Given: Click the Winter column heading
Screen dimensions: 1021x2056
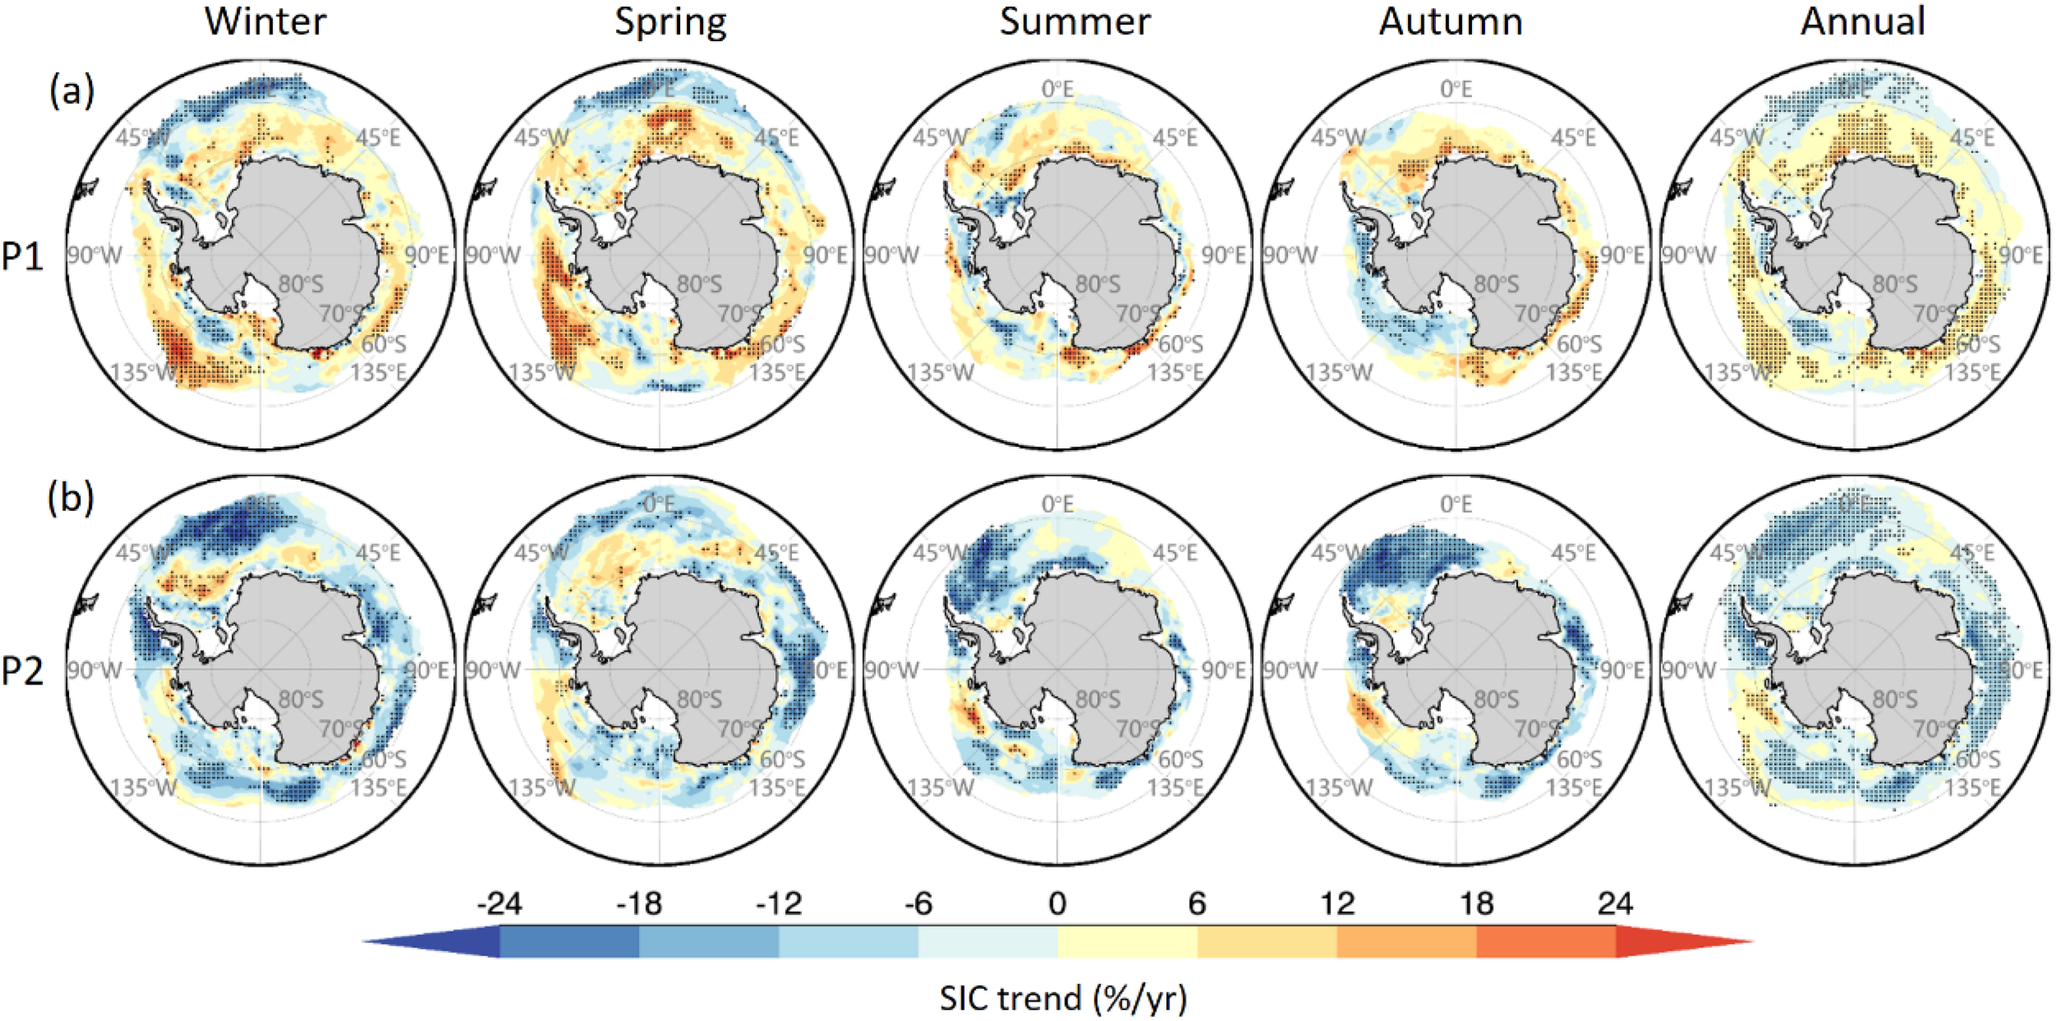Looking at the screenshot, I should coord(265,21).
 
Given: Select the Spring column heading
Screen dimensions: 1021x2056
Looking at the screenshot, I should coord(670,21).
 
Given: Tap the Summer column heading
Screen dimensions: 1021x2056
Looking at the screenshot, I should coord(1074,21).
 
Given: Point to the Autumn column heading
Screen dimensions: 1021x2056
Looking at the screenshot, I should coord(1451,21).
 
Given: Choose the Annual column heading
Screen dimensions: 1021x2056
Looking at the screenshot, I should coord(1862,21).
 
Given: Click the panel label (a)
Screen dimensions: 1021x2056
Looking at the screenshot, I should coord(72,90).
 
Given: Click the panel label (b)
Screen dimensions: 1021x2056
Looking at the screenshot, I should coord(71,498).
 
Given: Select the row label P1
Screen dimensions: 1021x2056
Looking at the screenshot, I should coord(23,257).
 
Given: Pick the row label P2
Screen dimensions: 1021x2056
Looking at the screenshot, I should coord(23,671).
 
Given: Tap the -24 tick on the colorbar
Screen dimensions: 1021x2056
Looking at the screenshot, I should coord(499,904).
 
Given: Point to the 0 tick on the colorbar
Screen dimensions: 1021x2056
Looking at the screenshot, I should coord(1057,904).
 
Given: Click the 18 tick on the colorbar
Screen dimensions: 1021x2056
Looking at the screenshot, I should coord(1476,904).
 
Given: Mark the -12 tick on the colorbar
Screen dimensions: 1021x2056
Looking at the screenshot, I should coord(778,904).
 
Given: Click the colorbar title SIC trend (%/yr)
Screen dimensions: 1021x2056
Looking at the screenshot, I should coord(1063,999).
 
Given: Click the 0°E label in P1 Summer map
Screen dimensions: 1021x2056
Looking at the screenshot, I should coord(1058,89).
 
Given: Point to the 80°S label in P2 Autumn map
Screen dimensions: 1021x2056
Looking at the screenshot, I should coord(1496,700).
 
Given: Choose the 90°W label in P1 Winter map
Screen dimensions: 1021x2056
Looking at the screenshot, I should coord(94,255).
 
